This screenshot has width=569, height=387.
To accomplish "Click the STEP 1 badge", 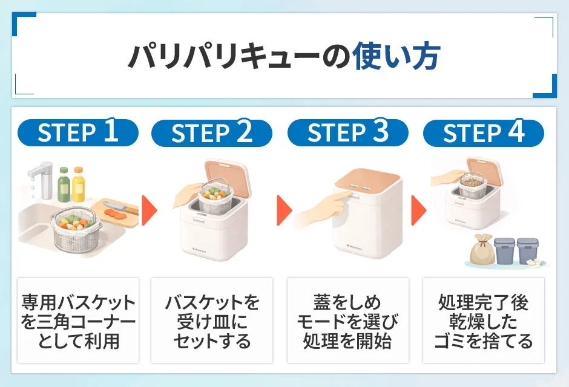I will [78, 132].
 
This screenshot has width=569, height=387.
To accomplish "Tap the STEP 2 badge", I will [212, 133].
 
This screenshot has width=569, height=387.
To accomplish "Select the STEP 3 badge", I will [347, 132].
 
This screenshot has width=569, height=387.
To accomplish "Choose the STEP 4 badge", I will [483, 132].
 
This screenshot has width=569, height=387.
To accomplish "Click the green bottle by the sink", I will [64, 184].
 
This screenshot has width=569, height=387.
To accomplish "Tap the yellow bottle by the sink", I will [79, 184].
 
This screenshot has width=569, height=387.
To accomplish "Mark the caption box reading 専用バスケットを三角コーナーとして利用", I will [78, 320].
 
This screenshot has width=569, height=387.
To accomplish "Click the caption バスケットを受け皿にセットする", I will [212, 320].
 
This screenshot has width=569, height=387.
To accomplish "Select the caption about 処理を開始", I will [347, 320].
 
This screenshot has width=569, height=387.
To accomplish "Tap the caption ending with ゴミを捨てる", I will [483, 320].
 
